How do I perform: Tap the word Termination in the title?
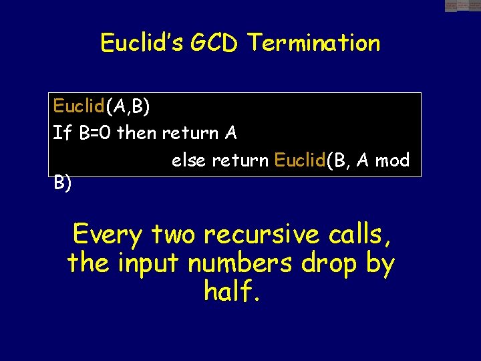[x=314, y=43]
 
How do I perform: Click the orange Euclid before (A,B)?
[x=79, y=106]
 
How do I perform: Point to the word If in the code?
[x=62, y=133]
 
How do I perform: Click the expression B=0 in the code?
[x=96, y=133]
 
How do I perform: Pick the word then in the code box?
[x=136, y=133]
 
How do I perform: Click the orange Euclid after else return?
[x=300, y=161]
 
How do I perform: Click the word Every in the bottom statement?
[x=108, y=235]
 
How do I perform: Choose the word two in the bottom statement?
[x=173, y=235]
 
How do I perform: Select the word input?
[x=148, y=263]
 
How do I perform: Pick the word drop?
[x=330, y=263]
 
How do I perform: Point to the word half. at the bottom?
[x=231, y=291]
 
